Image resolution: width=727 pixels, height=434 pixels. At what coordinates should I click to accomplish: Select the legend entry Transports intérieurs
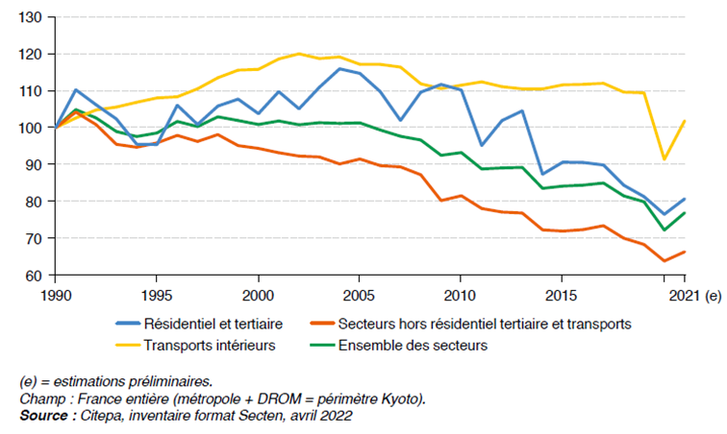[x=202, y=345]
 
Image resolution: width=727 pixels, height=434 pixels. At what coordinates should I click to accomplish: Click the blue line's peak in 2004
[x=339, y=68]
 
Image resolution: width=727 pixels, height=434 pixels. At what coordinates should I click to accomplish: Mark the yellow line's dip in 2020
[x=664, y=159]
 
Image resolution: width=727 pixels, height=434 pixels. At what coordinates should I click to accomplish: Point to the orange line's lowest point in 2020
[x=664, y=260]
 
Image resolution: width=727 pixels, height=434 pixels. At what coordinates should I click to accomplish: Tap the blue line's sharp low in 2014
[x=541, y=174]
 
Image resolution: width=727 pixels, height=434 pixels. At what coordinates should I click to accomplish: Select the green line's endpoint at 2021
[x=684, y=213]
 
